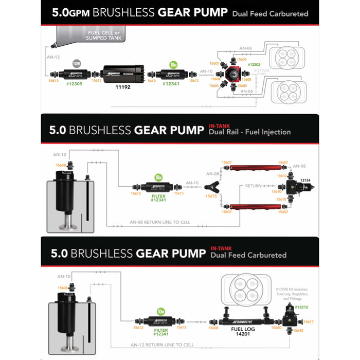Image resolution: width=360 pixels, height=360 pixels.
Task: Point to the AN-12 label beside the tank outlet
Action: click(53, 58)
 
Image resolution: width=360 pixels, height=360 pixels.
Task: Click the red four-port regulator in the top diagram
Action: click(233, 74)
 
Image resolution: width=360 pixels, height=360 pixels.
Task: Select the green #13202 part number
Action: click(254, 65)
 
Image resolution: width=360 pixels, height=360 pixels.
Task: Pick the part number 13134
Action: click(319, 180)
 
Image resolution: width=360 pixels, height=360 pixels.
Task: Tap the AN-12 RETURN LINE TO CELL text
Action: click(162, 345)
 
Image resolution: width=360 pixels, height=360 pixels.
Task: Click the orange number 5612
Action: click(152, 81)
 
